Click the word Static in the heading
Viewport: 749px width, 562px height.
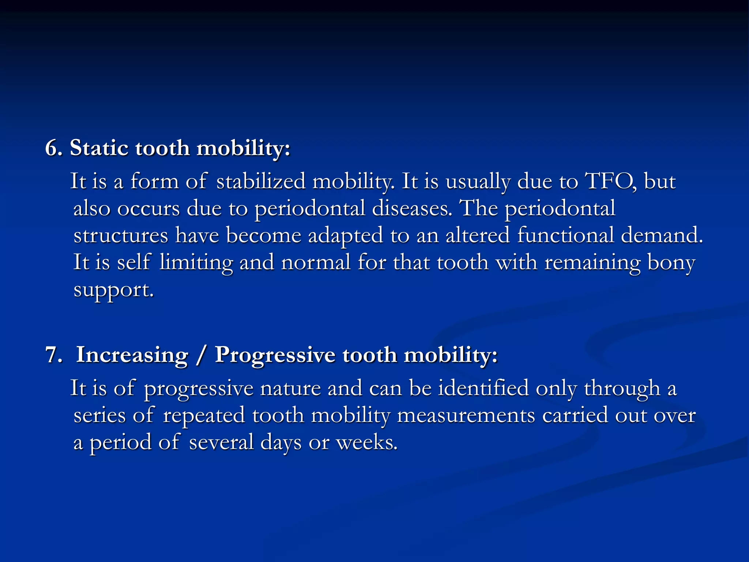[99, 148]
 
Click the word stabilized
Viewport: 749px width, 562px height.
[261, 181]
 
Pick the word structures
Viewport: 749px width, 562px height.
[121, 235]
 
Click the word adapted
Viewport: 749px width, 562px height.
[346, 235]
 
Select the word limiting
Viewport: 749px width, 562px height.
[196, 262]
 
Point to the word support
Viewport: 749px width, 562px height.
[113, 290]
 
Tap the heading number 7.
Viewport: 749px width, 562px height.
[54, 355]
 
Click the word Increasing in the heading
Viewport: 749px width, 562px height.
[132, 355]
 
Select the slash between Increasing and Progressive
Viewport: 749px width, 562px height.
[200, 355]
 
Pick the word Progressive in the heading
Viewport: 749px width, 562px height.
[275, 355]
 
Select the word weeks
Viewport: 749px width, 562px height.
[366, 442]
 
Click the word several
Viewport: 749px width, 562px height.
[221, 442]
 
